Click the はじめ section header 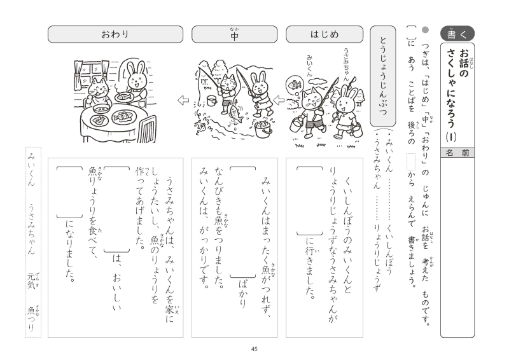coord(324,34)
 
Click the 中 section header coord(234,34)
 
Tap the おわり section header coord(115,34)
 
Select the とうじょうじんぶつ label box coord(383,76)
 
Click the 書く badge coord(457,34)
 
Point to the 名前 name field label coord(457,153)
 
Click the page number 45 coord(254,349)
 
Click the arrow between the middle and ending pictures coord(183,100)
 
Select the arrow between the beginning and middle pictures coord(279,100)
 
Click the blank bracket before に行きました coord(310,200)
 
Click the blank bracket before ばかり coord(243,222)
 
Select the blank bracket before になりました coord(69,192)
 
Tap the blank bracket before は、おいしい coord(117,209)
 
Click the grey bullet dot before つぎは coord(425,30)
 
